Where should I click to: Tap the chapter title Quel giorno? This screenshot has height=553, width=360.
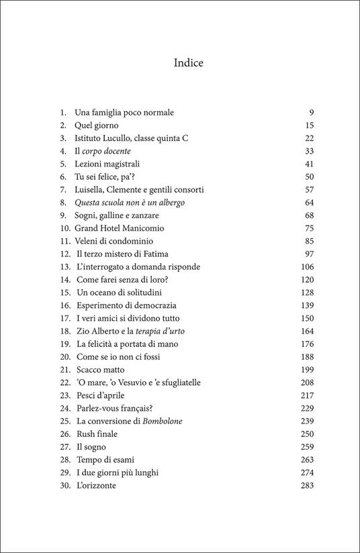point(99,125)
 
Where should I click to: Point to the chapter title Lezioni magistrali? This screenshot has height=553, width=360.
point(107,164)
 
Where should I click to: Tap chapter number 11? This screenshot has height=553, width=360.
point(65,241)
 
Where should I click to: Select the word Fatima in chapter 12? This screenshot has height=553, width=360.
point(155,254)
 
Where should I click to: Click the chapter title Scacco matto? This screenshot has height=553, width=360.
point(100,370)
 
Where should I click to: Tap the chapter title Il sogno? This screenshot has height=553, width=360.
point(91,446)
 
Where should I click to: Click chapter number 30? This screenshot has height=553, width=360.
point(65,485)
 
